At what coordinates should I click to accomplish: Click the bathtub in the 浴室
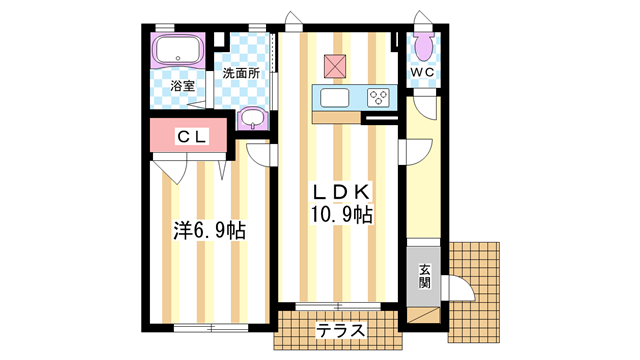(x=178, y=53)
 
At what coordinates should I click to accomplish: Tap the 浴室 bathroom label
(x=182, y=87)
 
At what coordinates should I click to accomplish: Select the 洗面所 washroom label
(x=240, y=73)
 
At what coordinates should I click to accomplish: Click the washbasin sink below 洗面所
(x=253, y=119)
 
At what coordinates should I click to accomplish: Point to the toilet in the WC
(x=421, y=44)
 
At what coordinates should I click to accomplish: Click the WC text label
(x=421, y=73)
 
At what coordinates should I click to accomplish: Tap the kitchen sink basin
(x=334, y=98)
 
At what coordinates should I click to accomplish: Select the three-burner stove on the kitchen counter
(x=379, y=98)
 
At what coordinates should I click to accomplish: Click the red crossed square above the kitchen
(x=335, y=65)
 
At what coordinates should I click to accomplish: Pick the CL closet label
(x=192, y=136)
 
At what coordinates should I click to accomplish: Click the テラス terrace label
(x=340, y=331)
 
